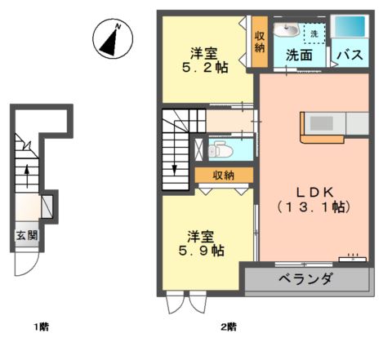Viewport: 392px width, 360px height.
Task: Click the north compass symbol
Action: click(x=113, y=38)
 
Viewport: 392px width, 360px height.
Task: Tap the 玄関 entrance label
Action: click(x=27, y=235)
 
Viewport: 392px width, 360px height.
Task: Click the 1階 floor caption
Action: click(x=42, y=327)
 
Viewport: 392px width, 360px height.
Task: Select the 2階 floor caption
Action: click(x=229, y=327)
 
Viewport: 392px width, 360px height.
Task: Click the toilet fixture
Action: click(x=220, y=149)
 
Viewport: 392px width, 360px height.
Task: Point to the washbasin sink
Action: click(x=287, y=29)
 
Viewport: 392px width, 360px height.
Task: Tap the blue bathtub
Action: click(x=350, y=26)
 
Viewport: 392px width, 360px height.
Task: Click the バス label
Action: click(x=350, y=55)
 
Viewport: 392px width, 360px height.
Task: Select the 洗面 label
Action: click(x=299, y=56)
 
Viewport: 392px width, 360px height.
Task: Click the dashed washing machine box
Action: click(x=314, y=33)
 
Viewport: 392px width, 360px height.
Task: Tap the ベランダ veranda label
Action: click(x=305, y=279)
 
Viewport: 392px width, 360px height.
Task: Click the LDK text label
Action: click(x=315, y=193)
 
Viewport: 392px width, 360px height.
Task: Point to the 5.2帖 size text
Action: click(x=205, y=68)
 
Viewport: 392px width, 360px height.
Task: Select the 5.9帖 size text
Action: click(x=202, y=251)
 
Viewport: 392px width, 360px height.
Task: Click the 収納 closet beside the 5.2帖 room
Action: click(x=260, y=42)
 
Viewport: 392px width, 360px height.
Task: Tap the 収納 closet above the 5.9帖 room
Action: click(x=224, y=176)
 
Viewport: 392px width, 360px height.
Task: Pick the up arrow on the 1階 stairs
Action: click(x=27, y=176)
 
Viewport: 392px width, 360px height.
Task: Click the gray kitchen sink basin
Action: click(x=321, y=123)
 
